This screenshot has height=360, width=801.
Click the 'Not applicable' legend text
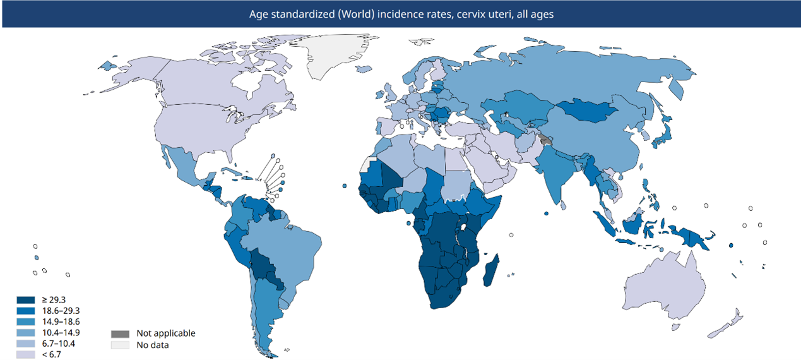166,333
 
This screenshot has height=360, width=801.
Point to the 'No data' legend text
152,345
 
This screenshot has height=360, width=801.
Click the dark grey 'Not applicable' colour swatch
120,333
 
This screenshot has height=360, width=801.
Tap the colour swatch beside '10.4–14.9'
27,333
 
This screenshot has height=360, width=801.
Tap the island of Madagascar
490,269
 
